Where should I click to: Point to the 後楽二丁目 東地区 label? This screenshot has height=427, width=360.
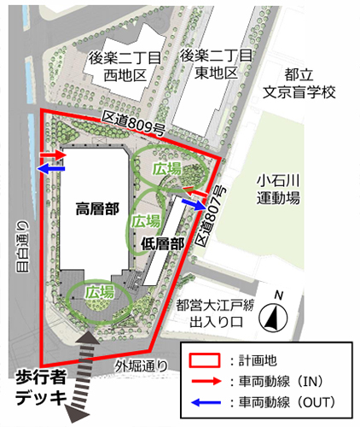click(218, 65)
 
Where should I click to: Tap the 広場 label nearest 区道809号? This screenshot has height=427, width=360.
click(167, 169)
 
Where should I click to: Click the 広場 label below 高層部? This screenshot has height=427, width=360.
click(101, 292)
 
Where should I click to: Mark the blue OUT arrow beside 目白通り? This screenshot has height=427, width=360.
click(50, 169)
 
